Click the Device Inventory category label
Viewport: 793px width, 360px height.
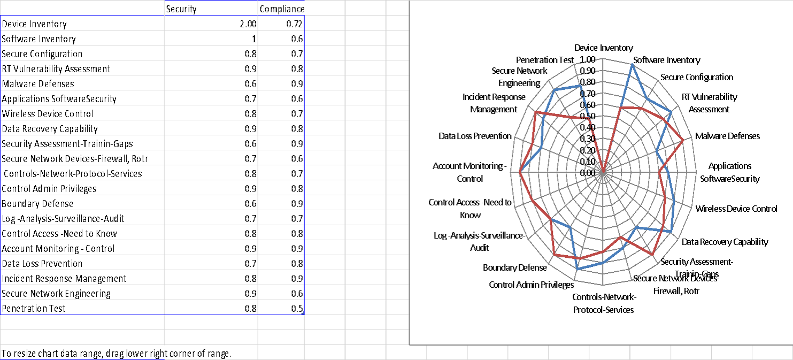(603, 48)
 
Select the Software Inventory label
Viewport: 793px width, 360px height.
(666, 60)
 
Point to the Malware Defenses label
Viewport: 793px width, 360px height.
(727, 136)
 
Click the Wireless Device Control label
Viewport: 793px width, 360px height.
(736, 209)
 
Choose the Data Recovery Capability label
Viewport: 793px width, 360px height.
(725, 242)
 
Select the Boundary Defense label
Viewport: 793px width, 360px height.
(514, 267)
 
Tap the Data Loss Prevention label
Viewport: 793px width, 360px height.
(475, 136)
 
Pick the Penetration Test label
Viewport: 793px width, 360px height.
(545, 60)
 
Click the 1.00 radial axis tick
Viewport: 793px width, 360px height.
(587, 59)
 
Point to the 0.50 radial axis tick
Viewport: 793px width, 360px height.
(587, 116)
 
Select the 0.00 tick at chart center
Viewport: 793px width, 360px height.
(587, 173)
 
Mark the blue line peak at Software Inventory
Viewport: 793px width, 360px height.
(632, 65)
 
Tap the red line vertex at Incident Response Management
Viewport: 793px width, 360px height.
(535, 112)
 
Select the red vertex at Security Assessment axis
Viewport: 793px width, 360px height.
(652, 254)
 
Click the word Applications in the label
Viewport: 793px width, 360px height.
(729, 166)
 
